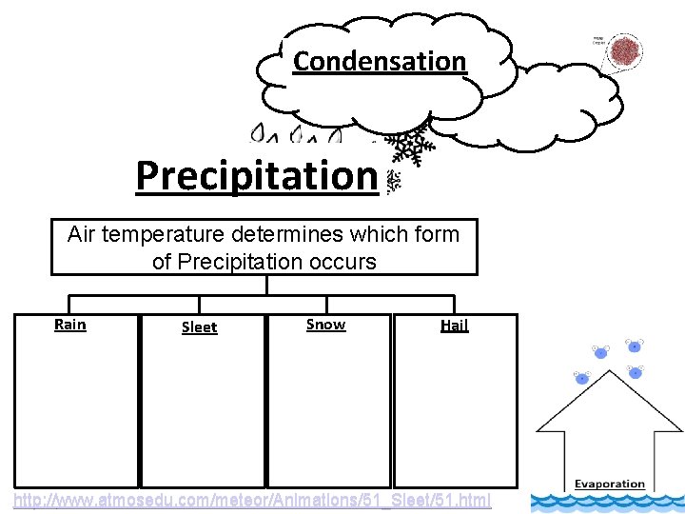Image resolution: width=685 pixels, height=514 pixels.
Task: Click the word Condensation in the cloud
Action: click(x=380, y=61)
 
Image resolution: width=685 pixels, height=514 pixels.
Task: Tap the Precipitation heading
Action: click(x=257, y=175)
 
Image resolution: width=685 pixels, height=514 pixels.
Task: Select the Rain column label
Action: click(x=70, y=325)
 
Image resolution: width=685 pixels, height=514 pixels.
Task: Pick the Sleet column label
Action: click(x=199, y=327)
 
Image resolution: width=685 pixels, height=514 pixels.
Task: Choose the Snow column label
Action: click(x=325, y=325)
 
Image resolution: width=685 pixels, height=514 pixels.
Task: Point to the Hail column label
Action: click(x=454, y=326)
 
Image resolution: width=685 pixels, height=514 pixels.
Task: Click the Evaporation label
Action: click(x=609, y=484)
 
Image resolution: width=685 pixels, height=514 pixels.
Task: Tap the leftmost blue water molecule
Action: click(x=581, y=379)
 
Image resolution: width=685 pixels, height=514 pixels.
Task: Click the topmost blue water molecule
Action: click(x=634, y=346)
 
